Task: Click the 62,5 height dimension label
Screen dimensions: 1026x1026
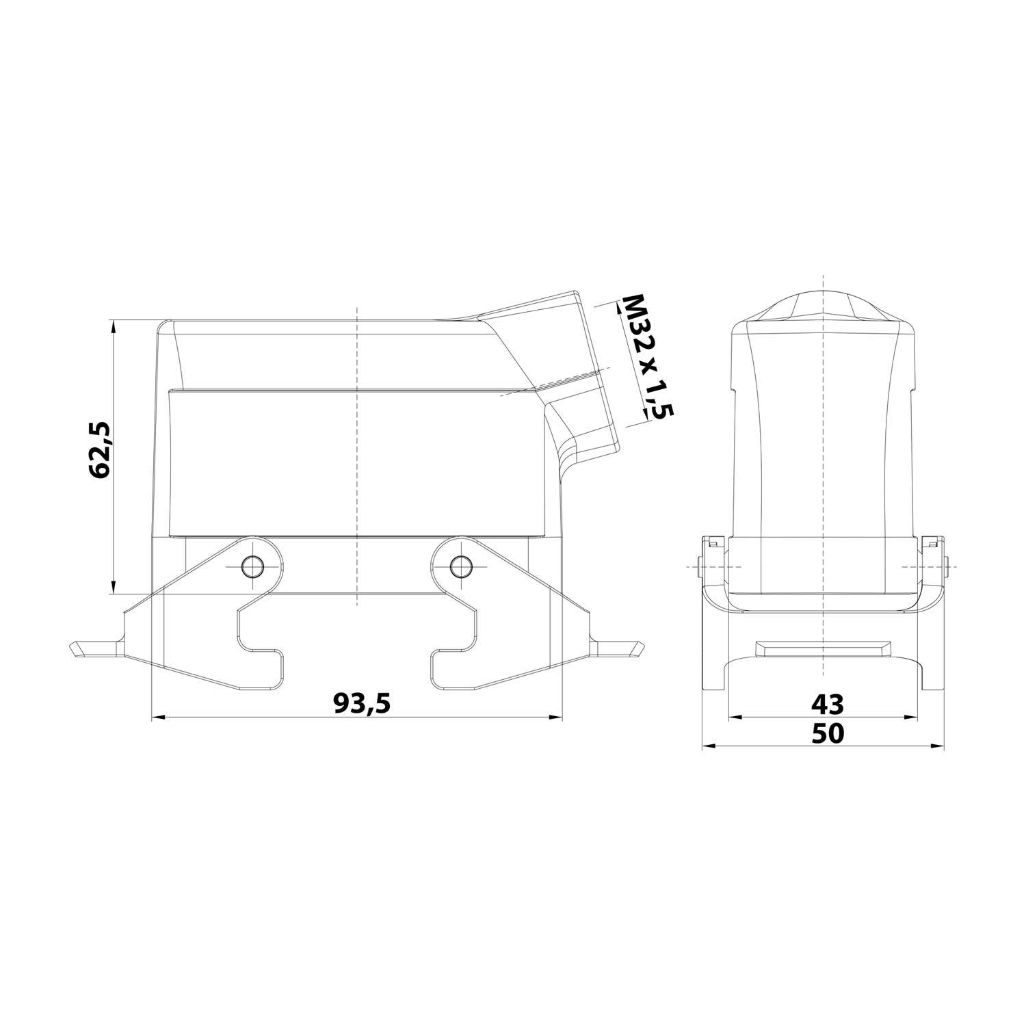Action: point(100,449)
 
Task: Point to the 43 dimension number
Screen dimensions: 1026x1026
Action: point(827,702)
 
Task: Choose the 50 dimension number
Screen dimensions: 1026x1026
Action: point(827,733)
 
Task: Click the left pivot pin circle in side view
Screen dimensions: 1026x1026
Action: point(253,566)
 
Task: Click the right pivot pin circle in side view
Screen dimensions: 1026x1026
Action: point(460,566)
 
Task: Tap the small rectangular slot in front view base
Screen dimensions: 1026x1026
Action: point(824,647)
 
